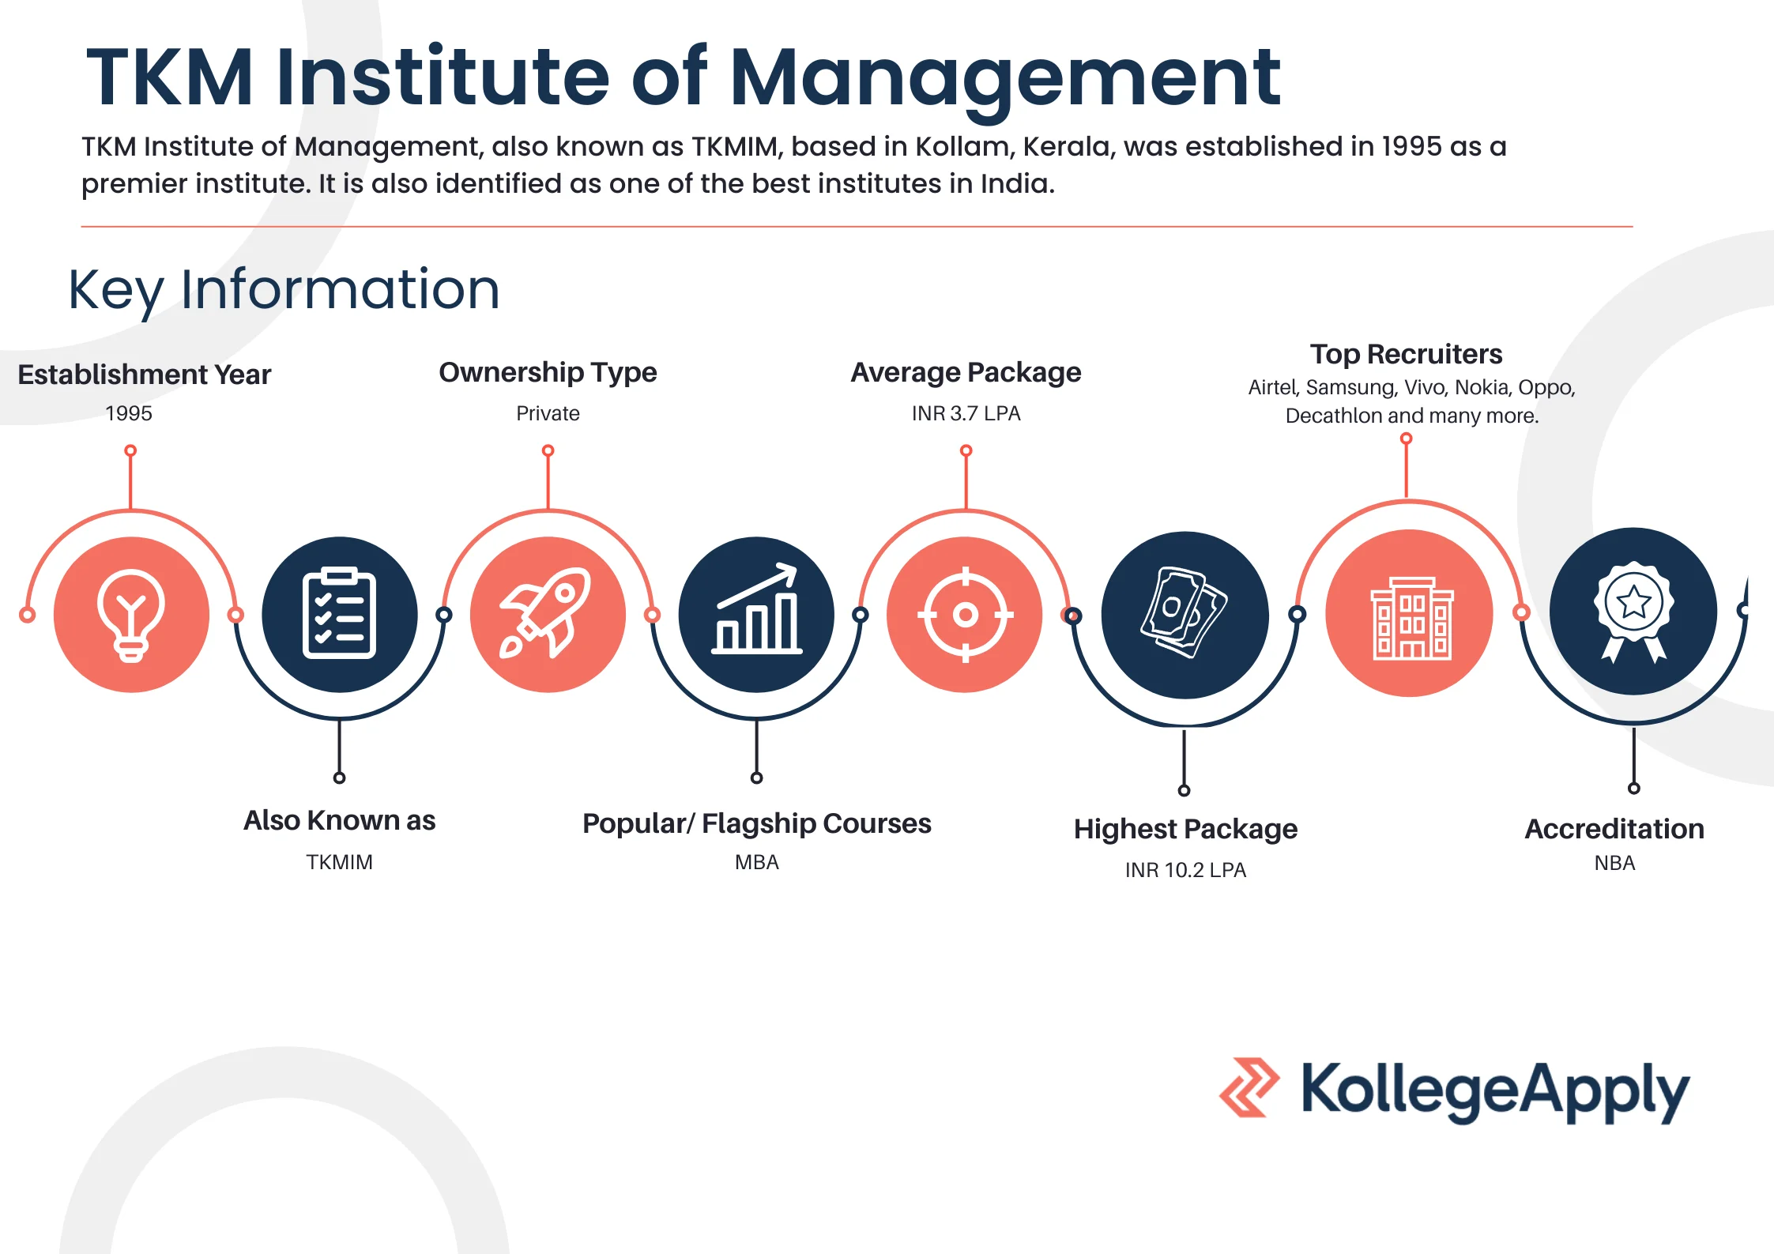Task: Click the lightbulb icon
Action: tap(131, 615)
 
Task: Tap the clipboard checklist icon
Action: tap(339, 613)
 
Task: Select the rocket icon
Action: tap(547, 613)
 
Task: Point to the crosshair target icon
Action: tap(965, 614)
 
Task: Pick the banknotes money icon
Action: tap(1184, 612)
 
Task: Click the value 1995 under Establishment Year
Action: tap(129, 413)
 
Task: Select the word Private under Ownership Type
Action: tap(548, 413)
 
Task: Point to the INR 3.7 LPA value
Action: tap(966, 413)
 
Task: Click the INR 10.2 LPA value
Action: tap(1185, 870)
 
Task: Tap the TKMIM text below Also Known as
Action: tap(339, 862)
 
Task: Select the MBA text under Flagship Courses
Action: tap(756, 862)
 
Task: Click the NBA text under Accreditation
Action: tap(1614, 863)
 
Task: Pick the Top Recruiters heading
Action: tap(1406, 354)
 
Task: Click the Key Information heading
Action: tap(284, 289)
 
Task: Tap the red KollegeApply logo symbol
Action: tap(1249, 1087)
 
